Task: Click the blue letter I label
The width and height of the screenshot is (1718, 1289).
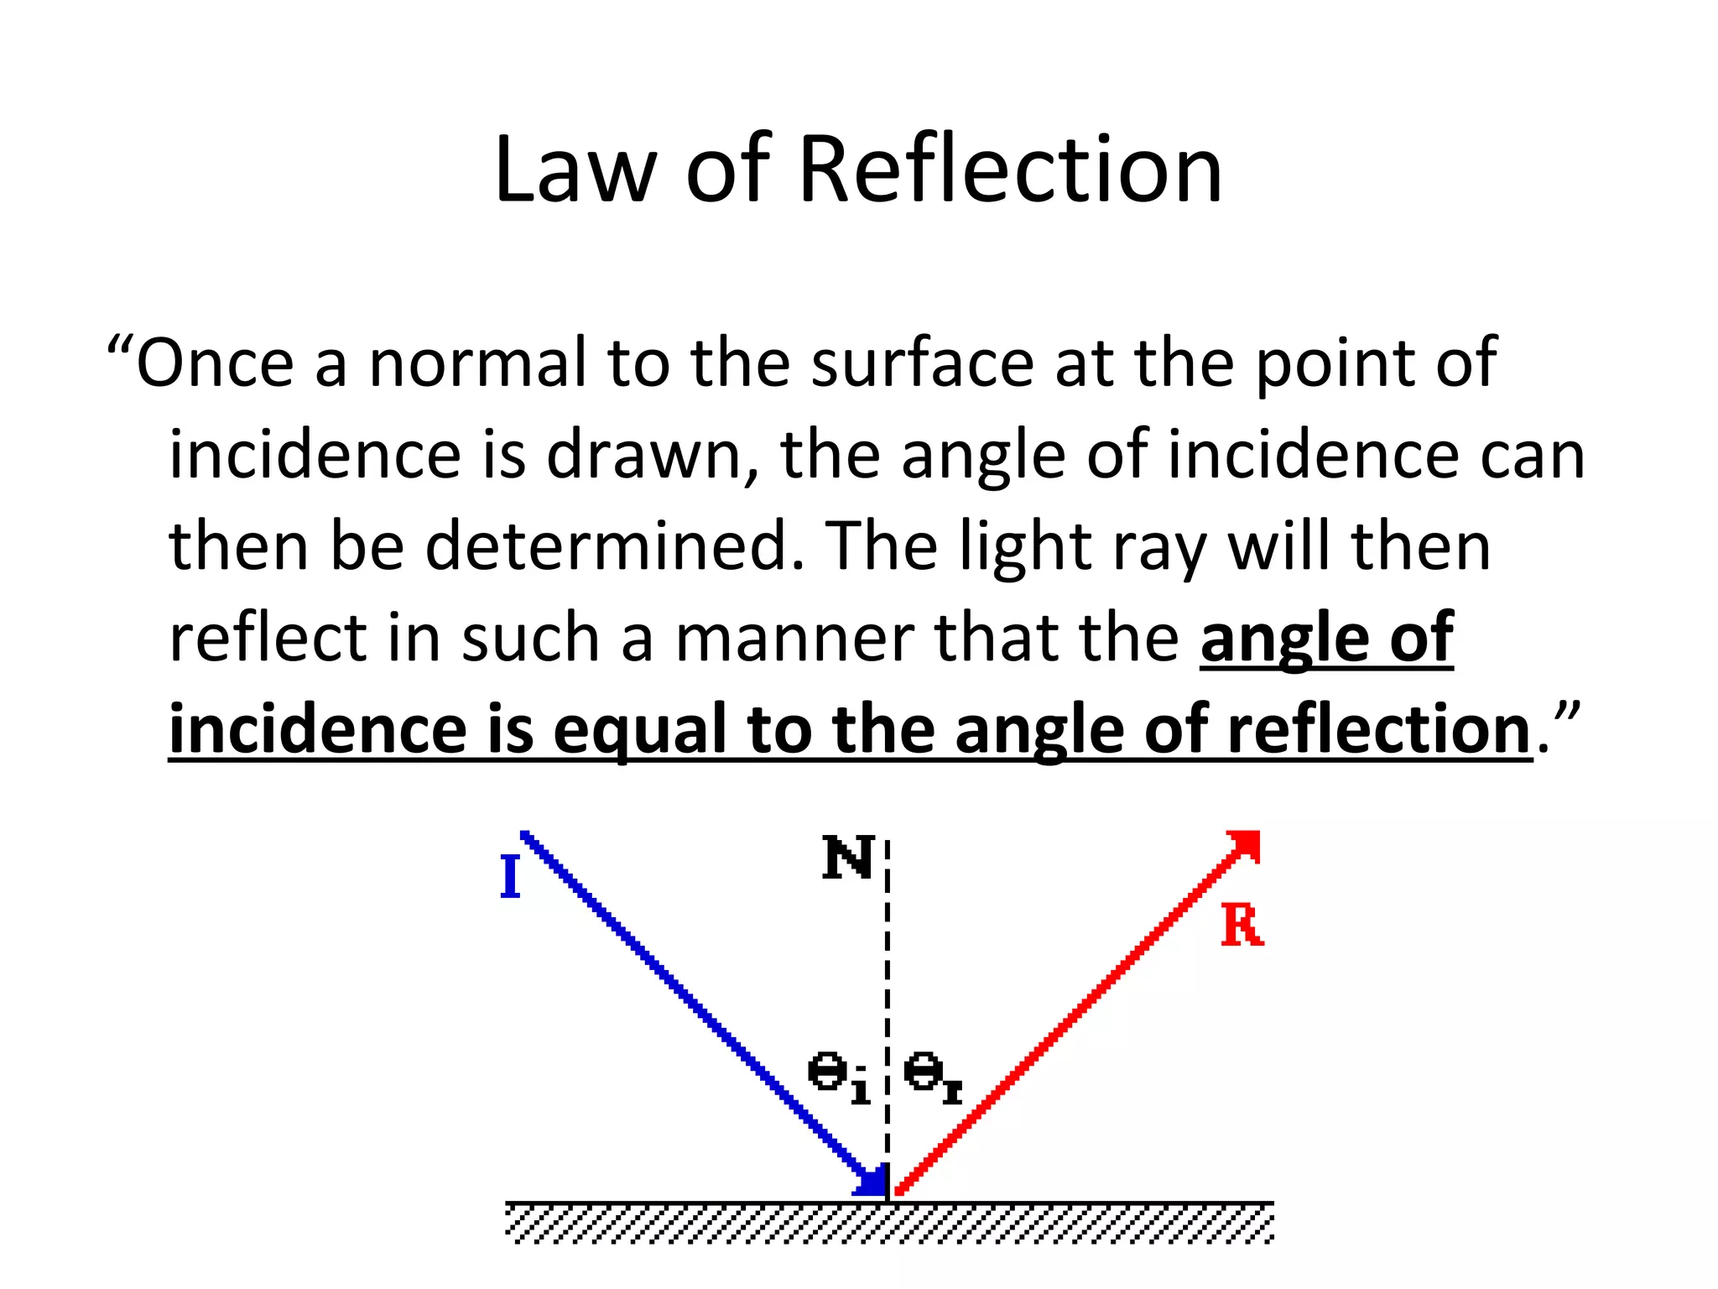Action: tap(509, 877)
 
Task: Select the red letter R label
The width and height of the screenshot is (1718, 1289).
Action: tap(1242, 926)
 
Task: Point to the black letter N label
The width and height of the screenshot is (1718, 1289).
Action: tap(848, 858)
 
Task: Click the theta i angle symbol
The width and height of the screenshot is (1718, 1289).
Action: tap(837, 1077)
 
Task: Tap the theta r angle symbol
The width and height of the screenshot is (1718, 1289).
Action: tap(931, 1077)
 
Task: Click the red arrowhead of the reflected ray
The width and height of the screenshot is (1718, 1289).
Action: tap(1247, 843)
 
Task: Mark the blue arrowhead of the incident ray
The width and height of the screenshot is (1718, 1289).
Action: tap(872, 1181)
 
